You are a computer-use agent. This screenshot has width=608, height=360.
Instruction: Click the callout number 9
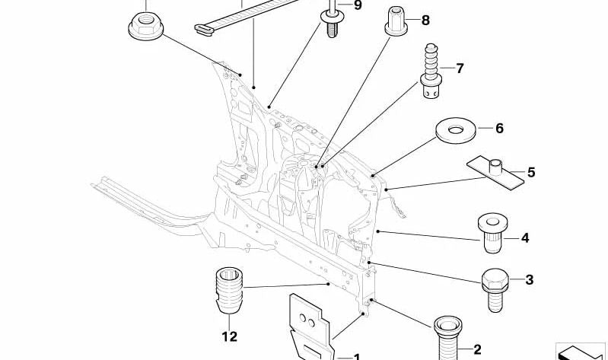[358, 5]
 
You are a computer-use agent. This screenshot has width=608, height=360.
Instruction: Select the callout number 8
[425, 21]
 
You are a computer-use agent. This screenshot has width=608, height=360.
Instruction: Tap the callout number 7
[460, 68]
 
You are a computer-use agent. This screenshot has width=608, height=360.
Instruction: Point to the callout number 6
[499, 129]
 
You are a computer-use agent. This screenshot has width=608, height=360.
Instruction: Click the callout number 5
[531, 173]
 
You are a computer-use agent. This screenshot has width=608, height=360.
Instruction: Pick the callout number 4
[524, 238]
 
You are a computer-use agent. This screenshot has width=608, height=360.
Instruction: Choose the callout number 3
[529, 280]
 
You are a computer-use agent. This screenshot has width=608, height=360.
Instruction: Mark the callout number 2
[477, 349]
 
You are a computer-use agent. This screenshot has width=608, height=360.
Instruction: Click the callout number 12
[230, 336]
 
